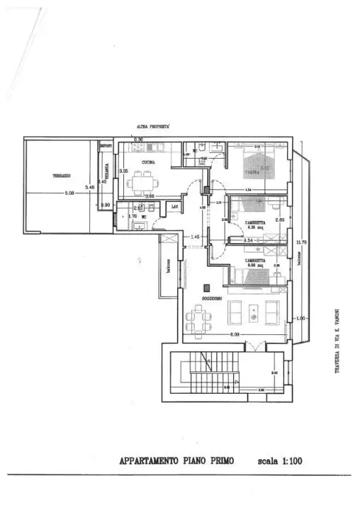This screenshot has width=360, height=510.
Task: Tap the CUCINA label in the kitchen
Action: click(149, 161)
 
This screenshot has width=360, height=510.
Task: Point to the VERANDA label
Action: click(107, 170)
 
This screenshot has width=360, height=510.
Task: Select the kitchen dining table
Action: click(144, 184)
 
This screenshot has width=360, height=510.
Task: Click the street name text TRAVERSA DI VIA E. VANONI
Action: click(338, 339)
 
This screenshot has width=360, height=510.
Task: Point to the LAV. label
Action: click(174, 206)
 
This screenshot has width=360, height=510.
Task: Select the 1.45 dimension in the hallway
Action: click(196, 237)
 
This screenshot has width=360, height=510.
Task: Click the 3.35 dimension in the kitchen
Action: click(123, 171)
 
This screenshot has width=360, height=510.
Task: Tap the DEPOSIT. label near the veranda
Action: click(106, 146)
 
